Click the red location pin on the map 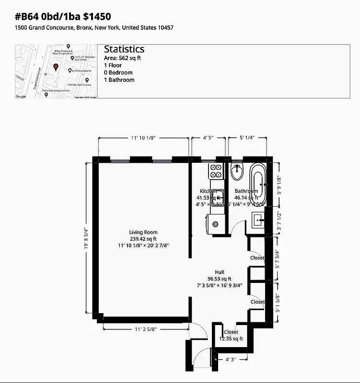(x=56, y=67)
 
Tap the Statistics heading (x=124, y=49)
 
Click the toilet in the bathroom (x=237, y=171)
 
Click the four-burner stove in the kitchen (x=216, y=171)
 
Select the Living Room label (x=143, y=232)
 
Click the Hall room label (x=220, y=272)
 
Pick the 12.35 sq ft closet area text (x=231, y=339)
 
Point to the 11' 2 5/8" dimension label (x=146, y=329)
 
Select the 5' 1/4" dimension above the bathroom (x=246, y=138)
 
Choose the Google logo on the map (x=21, y=96)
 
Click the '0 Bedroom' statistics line (x=118, y=73)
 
